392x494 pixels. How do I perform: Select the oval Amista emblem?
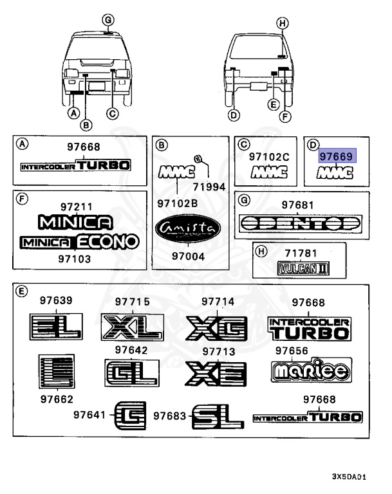coord(187,229)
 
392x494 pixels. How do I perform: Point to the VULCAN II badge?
coord(302,267)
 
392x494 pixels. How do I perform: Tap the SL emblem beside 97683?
coord(217,417)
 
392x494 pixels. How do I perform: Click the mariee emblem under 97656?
coord(311,370)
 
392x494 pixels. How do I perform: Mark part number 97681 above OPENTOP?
coord(297,204)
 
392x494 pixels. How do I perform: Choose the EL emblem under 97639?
coord(56,327)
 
